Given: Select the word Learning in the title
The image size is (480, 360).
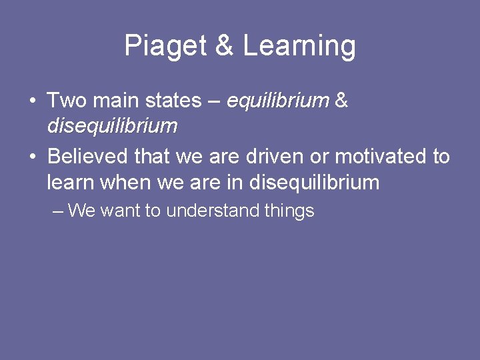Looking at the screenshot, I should coord(299,47).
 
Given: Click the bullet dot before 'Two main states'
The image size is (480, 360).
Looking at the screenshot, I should coord(32,101).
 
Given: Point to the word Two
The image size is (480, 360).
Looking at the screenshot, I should coord(66,101).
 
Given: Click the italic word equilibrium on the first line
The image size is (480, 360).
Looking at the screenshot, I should coord(278,101).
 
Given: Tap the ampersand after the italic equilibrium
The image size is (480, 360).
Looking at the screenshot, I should coord(341,101).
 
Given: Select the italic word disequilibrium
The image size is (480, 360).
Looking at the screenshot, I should coord(112,125).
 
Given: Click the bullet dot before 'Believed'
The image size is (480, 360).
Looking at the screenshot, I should coord(32,157).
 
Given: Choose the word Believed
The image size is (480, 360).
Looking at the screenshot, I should coord(87,157).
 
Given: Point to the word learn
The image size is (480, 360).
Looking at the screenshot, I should coord(69,181).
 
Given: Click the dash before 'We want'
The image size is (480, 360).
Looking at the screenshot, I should coord(57,211).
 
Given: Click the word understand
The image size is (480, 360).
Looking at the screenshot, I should coord(213,211).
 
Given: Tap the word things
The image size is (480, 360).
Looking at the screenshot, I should coord(289,211).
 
